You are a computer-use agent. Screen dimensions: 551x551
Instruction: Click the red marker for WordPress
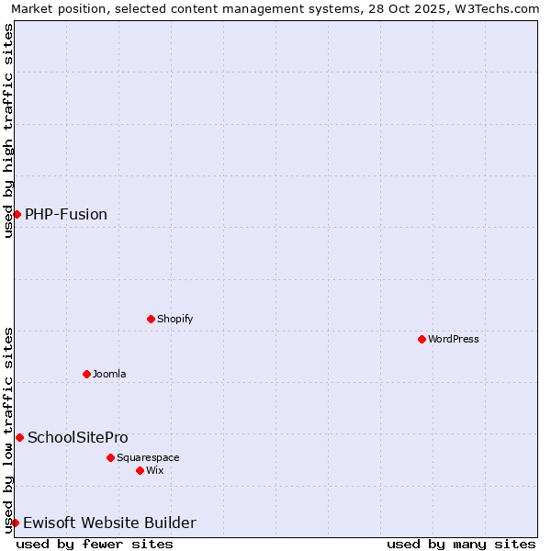[422, 339]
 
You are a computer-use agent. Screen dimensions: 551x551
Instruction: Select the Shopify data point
[151, 319]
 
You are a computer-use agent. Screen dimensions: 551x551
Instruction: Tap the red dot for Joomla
[86, 374]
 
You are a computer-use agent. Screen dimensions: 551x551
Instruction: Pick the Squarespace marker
[110, 457]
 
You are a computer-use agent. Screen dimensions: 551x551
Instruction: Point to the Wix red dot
[140, 470]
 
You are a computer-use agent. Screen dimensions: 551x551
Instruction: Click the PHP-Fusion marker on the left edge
[17, 214]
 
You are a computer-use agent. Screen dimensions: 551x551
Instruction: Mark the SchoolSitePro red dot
[19, 437]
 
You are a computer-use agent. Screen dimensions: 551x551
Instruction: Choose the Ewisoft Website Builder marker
[15, 523]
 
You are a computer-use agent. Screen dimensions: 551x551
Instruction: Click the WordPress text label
[454, 339]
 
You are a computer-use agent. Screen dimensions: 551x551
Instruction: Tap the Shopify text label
[174, 319]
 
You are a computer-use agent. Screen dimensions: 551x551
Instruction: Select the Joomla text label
[109, 374]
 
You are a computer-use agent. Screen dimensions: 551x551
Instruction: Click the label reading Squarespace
[148, 457]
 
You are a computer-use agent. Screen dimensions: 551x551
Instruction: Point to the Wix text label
[154, 470]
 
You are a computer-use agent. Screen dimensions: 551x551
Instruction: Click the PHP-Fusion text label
[66, 214]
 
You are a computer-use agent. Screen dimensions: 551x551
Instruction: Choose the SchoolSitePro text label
[78, 437]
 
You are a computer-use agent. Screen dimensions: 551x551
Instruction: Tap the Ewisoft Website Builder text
[109, 523]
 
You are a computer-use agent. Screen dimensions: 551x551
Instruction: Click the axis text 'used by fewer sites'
[95, 544]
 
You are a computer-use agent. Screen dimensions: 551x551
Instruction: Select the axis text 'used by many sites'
[461, 544]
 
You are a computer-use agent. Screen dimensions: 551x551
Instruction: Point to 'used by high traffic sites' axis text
[8, 130]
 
